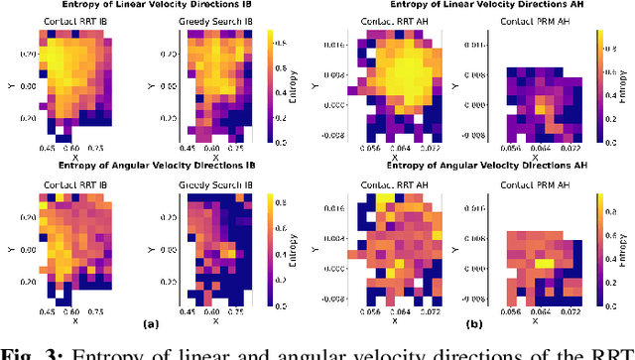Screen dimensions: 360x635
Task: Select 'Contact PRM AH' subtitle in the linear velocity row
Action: pos(532,20)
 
